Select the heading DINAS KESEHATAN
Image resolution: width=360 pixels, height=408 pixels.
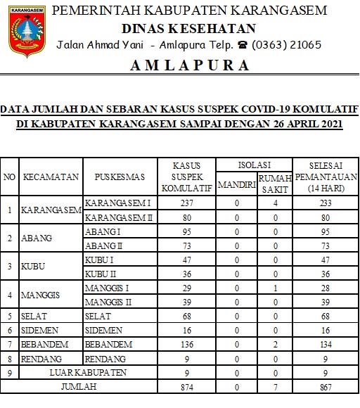(x=188, y=28)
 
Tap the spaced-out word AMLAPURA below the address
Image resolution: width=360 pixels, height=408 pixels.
(x=189, y=65)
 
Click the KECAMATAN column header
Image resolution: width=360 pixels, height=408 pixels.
(x=51, y=177)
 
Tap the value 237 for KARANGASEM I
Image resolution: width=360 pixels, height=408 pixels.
(x=186, y=203)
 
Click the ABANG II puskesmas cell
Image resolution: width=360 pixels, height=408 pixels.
(x=103, y=246)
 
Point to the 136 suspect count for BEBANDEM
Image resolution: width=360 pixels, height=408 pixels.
(x=186, y=345)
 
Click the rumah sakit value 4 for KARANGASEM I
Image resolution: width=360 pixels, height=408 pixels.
(x=275, y=203)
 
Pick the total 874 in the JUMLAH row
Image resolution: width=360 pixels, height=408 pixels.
(x=186, y=387)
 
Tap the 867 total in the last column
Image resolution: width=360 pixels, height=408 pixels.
(x=326, y=387)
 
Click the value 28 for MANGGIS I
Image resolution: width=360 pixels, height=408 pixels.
(x=326, y=288)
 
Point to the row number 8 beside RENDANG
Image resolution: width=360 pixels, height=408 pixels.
(x=9, y=359)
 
